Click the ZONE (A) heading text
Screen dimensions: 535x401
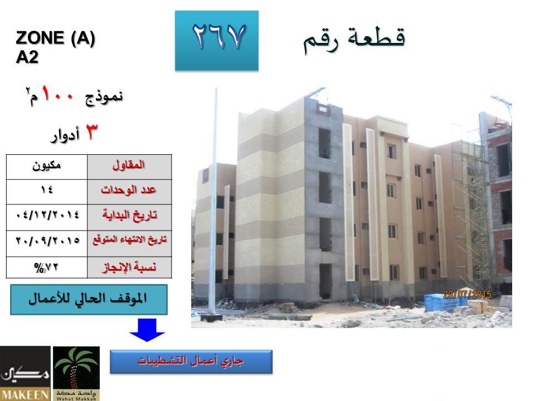click(55, 38)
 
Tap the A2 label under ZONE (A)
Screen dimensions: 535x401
click(27, 57)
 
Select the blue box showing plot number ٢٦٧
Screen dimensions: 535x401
click(217, 41)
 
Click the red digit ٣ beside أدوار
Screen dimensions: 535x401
click(91, 132)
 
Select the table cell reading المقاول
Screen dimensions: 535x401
click(129, 167)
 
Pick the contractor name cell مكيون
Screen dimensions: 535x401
click(47, 167)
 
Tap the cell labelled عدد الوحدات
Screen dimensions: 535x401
click(129, 192)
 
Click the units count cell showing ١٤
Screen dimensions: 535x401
click(47, 192)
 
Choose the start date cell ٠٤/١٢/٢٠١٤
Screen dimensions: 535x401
click(47, 217)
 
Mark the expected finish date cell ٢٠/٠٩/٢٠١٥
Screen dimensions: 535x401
click(47, 243)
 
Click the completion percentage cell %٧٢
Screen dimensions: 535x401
click(47, 267)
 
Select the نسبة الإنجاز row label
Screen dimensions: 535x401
click(129, 267)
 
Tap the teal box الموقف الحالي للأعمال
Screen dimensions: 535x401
click(89, 300)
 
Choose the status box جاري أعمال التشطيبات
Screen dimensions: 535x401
click(191, 361)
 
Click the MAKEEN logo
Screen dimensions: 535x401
click(25, 373)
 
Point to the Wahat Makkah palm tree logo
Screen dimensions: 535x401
click(76, 373)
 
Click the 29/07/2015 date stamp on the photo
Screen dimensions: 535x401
click(467, 294)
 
